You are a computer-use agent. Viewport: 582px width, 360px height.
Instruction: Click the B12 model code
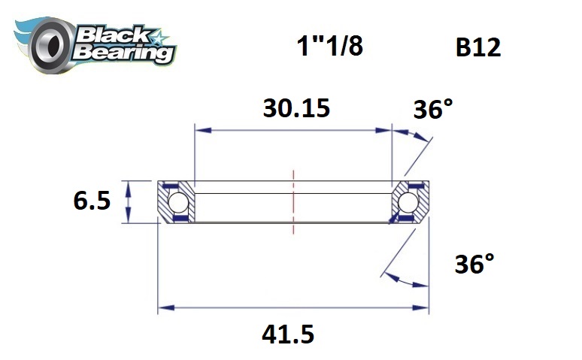point(477,47)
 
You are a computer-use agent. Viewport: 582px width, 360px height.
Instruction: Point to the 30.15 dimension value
point(296,109)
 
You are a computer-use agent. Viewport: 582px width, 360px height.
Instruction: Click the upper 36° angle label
point(434,110)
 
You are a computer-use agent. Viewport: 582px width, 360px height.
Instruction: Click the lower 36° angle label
point(474,265)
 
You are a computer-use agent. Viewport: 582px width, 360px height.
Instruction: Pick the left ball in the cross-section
point(177,202)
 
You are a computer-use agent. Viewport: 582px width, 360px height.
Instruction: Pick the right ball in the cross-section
point(410,202)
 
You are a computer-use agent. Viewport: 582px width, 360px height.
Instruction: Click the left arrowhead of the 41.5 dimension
point(163,307)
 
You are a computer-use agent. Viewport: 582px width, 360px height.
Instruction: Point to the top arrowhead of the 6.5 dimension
point(129,186)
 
